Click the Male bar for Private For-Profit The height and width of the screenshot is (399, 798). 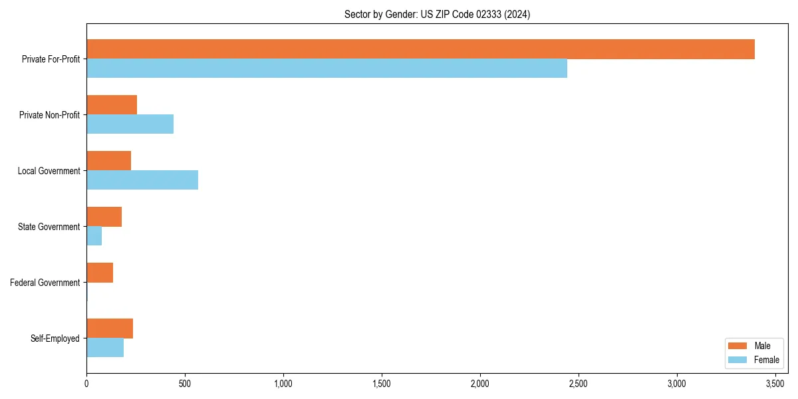coord(420,49)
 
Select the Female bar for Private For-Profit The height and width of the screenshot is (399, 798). coord(327,68)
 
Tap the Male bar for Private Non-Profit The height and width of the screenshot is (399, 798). coord(112,105)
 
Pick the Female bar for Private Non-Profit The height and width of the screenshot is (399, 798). coord(130,124)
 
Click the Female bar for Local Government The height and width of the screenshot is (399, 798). coord(142,180)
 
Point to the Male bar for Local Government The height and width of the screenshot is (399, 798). coord(108,161)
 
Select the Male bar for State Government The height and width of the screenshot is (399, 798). coord(104,217)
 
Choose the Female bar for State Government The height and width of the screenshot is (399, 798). coord(94,236)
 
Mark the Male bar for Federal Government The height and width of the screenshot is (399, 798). coord(100,273)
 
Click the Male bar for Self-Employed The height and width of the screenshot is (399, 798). coord(110,329)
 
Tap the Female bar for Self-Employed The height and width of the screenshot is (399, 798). coord(105,348)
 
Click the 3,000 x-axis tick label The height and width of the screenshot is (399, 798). coord(677,384)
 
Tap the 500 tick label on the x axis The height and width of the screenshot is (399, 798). coord(185,384)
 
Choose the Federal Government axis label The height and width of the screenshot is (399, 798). coord(45,283)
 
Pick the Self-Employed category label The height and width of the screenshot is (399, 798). coord(55,338)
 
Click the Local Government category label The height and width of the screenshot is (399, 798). coord(49,171)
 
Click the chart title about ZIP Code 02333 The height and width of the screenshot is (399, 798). coord(437,14)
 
